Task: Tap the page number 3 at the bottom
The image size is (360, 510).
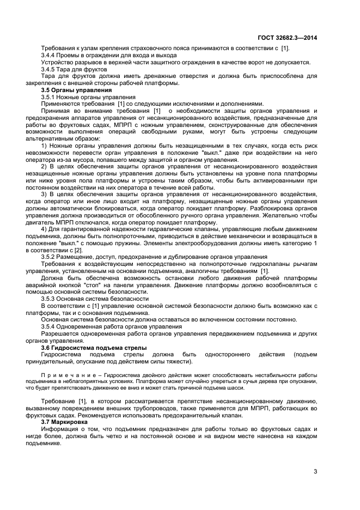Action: coord(315,471)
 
